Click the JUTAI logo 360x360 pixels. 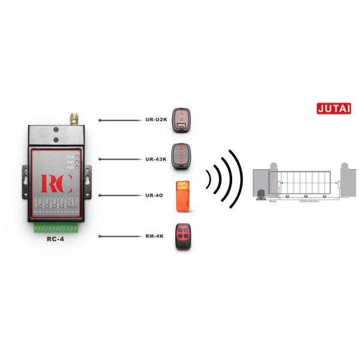[334, 109]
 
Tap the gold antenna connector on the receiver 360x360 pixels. [74, 117]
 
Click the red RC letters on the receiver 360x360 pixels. [56, 183]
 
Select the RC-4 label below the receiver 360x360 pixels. [56, 238]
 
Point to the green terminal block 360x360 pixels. [56, 227]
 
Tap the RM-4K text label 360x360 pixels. [155, 236]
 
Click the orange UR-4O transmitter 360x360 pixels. [182, 196]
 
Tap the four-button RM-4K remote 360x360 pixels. [182, 237]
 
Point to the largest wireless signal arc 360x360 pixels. [236, 178]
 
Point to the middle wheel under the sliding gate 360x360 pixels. [306, 196]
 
